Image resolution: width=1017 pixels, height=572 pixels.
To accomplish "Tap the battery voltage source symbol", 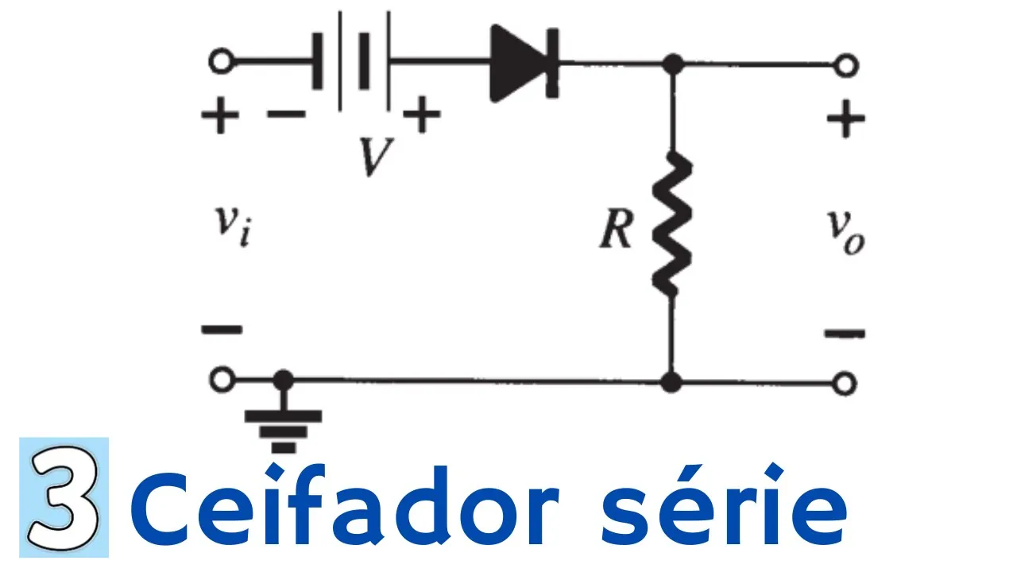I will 352,61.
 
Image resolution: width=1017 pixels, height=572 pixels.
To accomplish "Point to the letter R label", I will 617,231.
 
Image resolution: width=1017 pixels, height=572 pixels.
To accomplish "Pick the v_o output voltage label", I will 845,231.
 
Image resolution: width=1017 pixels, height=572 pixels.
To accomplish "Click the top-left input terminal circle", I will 221,61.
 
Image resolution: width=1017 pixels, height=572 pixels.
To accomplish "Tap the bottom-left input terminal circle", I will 221,382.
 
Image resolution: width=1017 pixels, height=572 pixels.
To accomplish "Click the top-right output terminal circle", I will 846,64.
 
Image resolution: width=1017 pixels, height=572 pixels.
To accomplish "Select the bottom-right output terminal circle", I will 846,384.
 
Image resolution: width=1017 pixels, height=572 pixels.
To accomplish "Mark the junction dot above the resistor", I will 673,63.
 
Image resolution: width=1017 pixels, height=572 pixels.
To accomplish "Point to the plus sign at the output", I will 845,121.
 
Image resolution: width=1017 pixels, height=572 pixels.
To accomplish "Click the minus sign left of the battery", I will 286,115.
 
